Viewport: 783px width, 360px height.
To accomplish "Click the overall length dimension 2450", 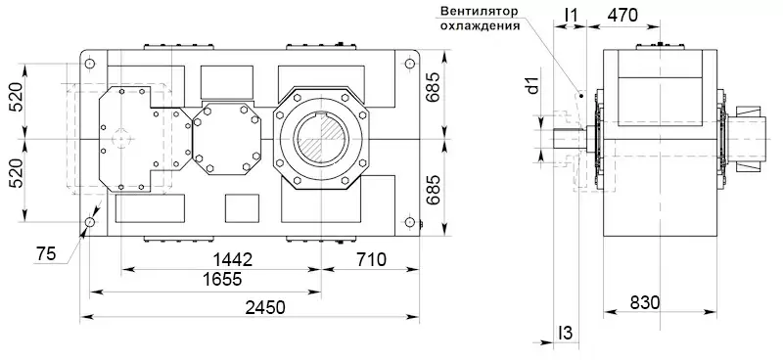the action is pos(264,307).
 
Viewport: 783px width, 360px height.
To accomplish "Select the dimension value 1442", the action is pos(233,259).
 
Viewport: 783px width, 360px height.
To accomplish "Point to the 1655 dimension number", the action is pos(222,279).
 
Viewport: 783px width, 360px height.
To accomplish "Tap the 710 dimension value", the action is pos(372,259).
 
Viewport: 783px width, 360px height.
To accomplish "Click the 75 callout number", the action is pos(45,254).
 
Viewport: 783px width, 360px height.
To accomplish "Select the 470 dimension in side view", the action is pos(622,16).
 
